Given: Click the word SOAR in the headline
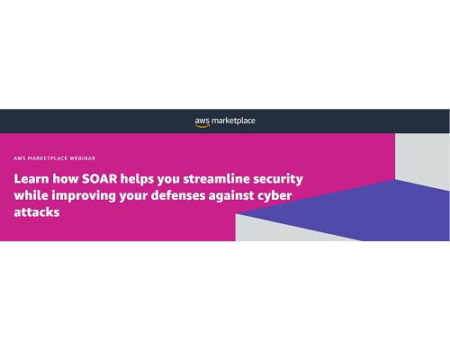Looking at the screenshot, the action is click(x=99, y=179).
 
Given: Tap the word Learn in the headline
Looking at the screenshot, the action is click(x=31, y=179).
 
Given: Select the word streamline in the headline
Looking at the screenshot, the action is click(x=216, y=179).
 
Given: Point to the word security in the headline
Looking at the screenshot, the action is click(x=278, y=180).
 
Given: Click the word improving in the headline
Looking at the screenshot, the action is click(x=84, y=196).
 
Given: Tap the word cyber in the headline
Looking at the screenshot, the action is click(x=274, y=196).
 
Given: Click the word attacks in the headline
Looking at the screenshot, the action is click(x=37, y=212).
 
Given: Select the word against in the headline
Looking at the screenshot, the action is click(x=231, y=196).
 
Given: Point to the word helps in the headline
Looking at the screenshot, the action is click(x=137, y=180).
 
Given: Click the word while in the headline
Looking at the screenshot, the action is click(x=31, y=195).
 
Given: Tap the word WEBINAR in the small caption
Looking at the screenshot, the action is click(x=83, y=158).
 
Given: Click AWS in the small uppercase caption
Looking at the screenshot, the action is click(x=20, y=158).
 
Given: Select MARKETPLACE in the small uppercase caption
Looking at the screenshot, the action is click(x=48, y=158).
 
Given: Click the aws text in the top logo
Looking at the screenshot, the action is click(x=202, y=121).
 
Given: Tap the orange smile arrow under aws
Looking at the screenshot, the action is click(x=202, y=126).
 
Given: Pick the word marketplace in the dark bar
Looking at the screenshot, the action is click(x=233, y=121).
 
